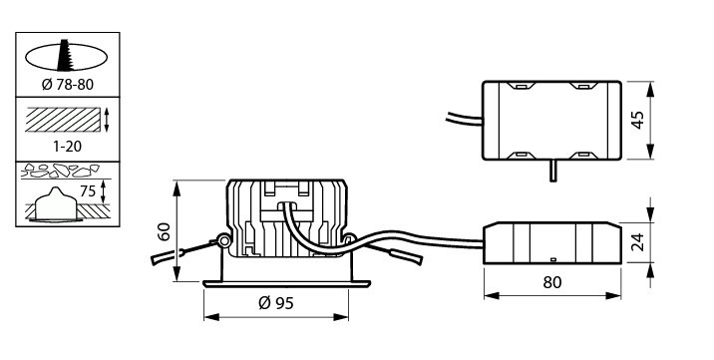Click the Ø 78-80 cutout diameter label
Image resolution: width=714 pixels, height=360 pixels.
[68, 84]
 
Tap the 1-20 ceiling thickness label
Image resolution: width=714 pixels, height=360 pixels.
[68, 147]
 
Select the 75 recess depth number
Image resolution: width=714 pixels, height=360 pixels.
[88, 191]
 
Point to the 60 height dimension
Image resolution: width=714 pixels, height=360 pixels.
[165, 231]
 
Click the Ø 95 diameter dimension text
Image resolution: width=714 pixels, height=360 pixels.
[276, 302]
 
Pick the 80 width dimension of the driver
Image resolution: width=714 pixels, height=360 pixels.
[552, 282]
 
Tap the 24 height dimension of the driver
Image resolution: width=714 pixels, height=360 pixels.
[638, 242]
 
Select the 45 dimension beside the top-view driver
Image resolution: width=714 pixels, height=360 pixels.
[638, 120]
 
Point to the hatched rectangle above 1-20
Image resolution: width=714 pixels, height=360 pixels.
[63, 120]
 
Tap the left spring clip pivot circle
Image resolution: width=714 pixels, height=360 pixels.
[223, 240]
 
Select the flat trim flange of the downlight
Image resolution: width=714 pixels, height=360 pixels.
[286, 284]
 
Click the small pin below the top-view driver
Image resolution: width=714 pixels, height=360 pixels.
[552, 171]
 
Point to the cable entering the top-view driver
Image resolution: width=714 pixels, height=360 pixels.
[464, 120]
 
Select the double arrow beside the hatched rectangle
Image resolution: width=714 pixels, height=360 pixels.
[107, 120]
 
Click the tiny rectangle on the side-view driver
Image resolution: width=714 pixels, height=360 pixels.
[553, 259]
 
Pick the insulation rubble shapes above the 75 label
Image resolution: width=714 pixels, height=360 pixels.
[60, 171]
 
